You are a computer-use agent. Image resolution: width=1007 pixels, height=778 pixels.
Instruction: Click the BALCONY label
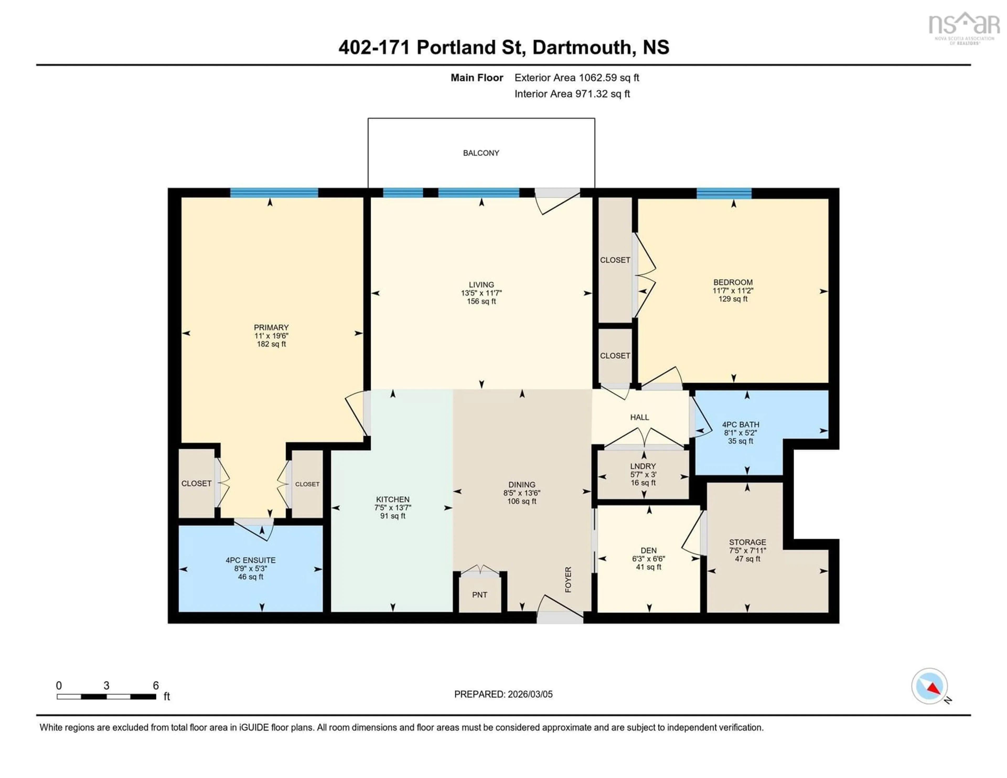tap(481, 153)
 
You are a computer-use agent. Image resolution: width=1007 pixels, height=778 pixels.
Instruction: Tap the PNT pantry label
tap(480, 594)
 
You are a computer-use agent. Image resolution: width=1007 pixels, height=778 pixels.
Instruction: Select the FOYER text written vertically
tap(568, 579)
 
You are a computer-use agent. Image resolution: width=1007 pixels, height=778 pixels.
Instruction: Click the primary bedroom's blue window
tap(274, 193)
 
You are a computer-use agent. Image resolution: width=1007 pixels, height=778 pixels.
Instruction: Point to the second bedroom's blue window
tap(724, 193)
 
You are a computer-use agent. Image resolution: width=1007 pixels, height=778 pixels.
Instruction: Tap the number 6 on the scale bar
tap(156, 685)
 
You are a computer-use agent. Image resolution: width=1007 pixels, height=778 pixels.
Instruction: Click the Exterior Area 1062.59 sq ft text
tap(576, 77)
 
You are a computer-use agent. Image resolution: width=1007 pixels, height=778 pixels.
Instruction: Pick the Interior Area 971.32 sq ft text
tap(572, 94)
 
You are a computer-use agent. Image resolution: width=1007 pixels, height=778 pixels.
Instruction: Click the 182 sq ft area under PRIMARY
tap(271, 344)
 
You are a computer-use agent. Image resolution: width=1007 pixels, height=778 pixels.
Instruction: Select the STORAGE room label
tap(747, 542)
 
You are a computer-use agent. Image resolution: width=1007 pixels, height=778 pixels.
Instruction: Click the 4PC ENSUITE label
tap(250, 560)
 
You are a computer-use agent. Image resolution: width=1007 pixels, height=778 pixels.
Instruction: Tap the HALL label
tap(640, 417)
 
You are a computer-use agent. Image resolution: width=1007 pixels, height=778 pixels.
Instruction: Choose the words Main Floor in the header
tap(477, 77)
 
